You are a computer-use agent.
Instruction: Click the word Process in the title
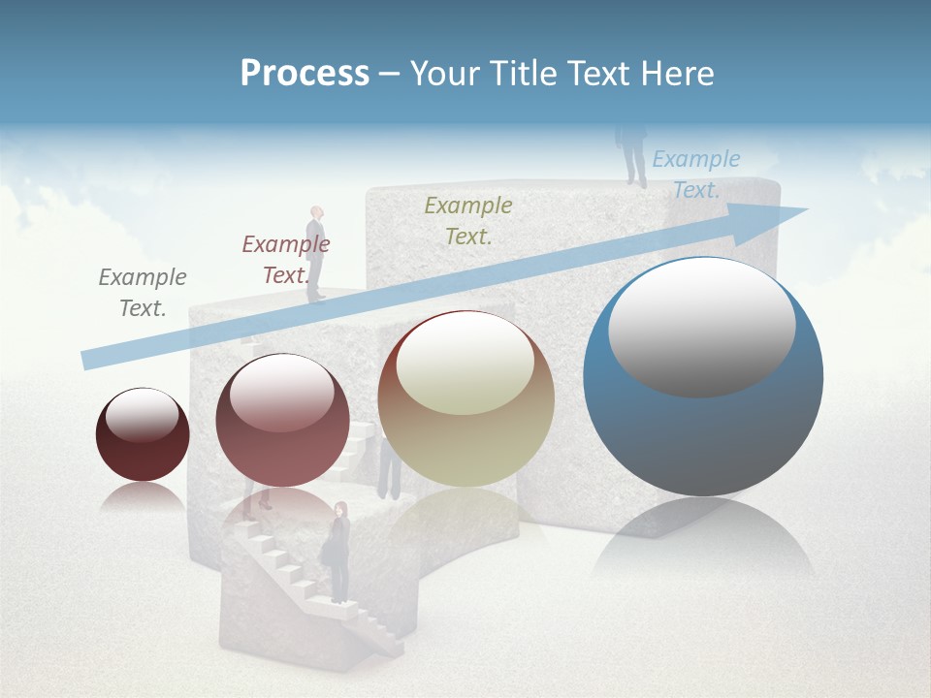point(305,74)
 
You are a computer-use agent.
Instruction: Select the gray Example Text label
point(143,293)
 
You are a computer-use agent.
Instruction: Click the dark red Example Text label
point(286,260)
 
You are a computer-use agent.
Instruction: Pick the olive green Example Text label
point(468,220)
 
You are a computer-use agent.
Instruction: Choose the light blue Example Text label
point(695,174)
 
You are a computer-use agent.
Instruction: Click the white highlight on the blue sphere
point(702,326)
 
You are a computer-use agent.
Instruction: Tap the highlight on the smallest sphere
point(143,415)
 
